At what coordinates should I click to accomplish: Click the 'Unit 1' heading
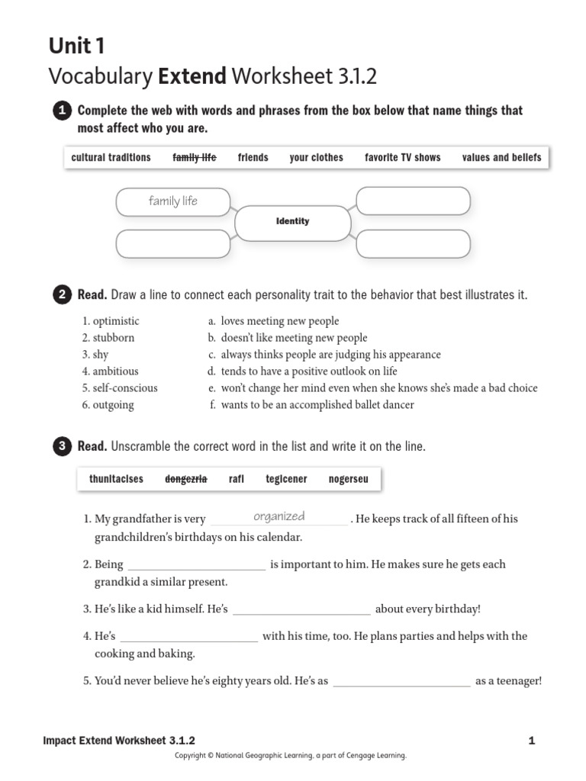[77, 47]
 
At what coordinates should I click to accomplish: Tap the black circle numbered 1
[61, 111]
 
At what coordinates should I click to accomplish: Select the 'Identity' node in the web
[292, 222]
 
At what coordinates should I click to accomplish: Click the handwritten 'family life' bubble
[173, 201]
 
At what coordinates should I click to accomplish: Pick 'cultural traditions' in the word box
[111, 158]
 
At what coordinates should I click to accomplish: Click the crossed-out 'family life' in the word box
[195, 158]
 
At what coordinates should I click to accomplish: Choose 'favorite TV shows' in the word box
[402, 158]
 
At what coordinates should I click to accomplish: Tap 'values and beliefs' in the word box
[501, 158]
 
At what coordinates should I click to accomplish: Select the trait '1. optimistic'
[111, 321]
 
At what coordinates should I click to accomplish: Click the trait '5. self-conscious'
[120, 388]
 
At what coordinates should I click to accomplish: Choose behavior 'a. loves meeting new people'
[274, 321]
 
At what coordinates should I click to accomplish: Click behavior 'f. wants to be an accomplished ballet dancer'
[312, 405]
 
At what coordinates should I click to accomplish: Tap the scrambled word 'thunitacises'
[116, 479]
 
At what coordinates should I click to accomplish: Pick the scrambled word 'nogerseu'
[348, 479]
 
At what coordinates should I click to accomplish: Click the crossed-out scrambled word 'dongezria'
[186, 479]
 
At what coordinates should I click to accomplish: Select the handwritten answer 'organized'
[279, 517]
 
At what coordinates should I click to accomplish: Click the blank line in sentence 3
[301, 609]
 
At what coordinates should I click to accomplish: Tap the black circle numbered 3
[61, 447]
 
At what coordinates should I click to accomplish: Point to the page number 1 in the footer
[532, 741]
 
